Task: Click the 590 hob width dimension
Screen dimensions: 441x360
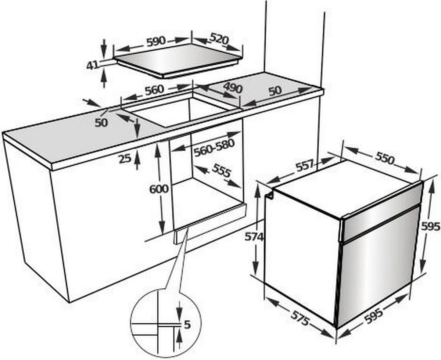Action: [156, 42]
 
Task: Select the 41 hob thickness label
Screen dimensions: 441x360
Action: [92, 66]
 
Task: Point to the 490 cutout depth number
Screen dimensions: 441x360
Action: [233, 88]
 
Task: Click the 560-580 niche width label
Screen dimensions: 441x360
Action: [214, 148]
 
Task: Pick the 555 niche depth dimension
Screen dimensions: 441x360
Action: [222, 170]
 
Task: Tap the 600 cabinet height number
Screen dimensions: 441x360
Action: [159, 189]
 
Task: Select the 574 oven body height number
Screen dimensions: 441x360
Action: [254, 237]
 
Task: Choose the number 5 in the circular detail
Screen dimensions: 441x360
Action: [187, 325]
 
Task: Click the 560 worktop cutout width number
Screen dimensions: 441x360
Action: [154, 90]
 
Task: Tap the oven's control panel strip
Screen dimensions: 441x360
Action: [381, 211]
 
